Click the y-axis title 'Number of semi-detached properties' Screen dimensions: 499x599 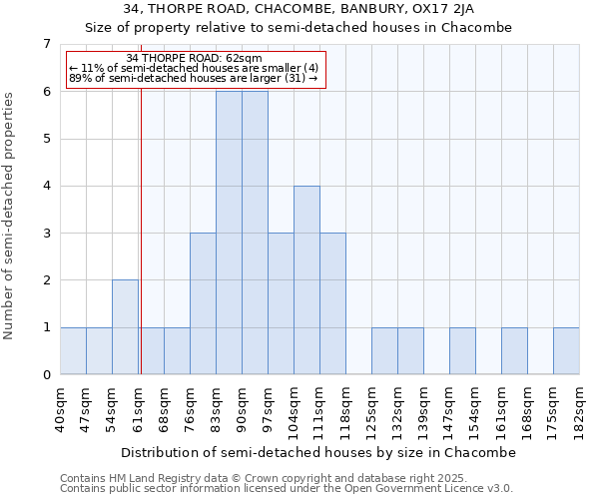click(10, 217)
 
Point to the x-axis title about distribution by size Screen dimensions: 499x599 click(319, 452)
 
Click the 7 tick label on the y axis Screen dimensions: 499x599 click(46, 44)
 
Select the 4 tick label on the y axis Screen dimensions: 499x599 click(46, 186)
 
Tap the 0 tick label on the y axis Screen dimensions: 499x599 click(46, 375)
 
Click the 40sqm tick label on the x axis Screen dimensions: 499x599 click(60, 409)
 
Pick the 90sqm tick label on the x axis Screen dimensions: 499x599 click(242, 409)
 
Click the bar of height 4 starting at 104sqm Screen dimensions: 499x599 click(306, 280)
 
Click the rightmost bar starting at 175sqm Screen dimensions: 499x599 click(566, 351)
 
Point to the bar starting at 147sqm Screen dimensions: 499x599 click(462, 351)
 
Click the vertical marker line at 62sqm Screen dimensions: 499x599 click(141, 249)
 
